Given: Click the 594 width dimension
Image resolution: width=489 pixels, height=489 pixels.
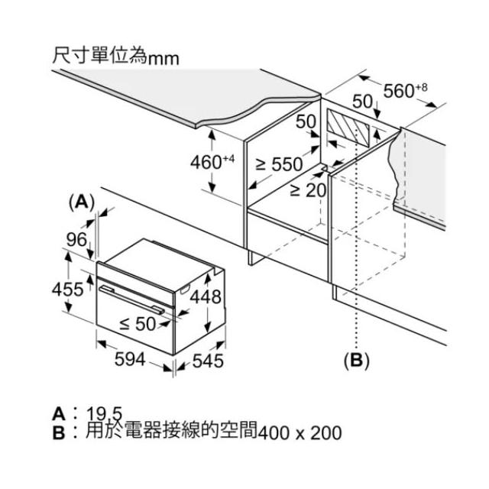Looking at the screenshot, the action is click(130, 359).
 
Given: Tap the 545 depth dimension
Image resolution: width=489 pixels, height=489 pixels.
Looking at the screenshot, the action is click(208, 361).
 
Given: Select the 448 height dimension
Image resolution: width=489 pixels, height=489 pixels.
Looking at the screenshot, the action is click(206, 296).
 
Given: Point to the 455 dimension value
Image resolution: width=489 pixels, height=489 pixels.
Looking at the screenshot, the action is click(68, 289).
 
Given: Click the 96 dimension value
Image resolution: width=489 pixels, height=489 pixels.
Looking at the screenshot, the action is click(76, 239).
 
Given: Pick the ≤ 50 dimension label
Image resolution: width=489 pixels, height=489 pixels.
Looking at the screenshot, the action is click(138, 324).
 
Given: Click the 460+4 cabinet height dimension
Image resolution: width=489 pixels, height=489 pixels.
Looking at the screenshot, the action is click(212, 162).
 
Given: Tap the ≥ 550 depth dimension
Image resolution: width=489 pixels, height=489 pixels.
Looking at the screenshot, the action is click(279, 164).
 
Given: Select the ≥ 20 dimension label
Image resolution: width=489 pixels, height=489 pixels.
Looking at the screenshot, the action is click(308, 190).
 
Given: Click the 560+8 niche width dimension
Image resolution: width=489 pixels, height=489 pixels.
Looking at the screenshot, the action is click(405, 90).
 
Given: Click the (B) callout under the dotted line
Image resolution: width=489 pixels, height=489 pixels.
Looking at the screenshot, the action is click(357, 361).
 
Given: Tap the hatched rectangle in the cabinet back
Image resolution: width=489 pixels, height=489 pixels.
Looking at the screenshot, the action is click(348, 128).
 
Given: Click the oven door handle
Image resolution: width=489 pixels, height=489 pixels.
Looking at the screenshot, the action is click(131, 300).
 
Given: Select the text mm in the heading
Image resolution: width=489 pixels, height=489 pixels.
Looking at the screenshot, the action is click(164, 59).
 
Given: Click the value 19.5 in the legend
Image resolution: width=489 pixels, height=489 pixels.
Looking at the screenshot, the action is click(104, 414).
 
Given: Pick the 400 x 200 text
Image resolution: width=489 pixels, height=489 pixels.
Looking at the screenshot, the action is click(300, 433).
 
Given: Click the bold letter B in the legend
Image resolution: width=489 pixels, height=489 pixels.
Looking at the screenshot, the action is click(59, 432).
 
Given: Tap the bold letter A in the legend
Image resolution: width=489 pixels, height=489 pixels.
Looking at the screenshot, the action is click(59, 414).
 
